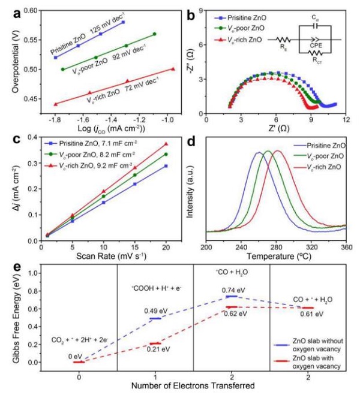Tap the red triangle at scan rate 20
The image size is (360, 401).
[166, 144]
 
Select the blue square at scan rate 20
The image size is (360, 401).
[166, 166]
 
